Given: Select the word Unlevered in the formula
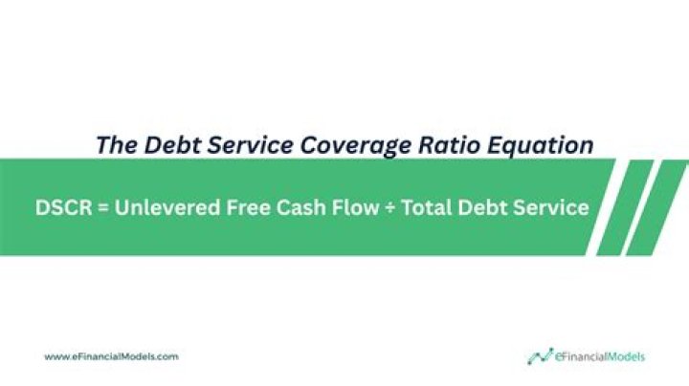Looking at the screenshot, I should point(162,207).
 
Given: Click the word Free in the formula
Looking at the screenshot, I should point(237,207).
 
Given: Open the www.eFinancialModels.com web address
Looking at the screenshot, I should point(111,356).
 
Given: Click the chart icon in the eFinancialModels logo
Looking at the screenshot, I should point(540,356).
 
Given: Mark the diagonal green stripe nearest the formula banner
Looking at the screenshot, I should point(626,207).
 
